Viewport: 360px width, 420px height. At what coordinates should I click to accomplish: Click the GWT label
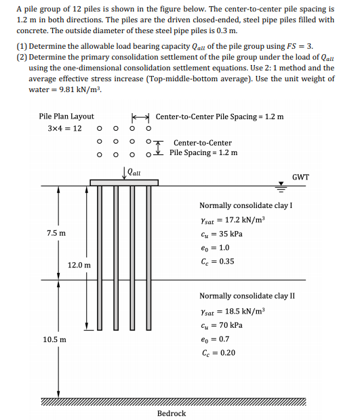(x=300, y=177)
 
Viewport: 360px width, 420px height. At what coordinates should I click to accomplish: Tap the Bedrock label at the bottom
(x=171, y=413)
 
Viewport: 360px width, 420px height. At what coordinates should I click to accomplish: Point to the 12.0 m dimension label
(x=79, y=264)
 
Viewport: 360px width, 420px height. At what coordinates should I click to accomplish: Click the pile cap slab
(x=123, y=182)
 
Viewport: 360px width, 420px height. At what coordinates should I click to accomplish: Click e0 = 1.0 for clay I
(x=216, y=248)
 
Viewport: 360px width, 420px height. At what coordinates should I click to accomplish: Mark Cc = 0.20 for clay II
(x=218, y=353)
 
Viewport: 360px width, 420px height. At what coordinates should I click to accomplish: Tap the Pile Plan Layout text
(x=66, y=117)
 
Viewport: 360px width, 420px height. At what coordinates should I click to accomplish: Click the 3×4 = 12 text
(x=65, y=129)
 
